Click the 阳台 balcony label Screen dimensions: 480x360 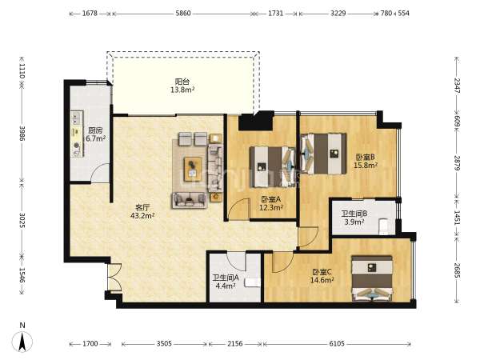coord(182,82)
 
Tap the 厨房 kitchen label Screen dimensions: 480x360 coord(95,130)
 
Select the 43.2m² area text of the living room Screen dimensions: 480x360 coord(142,215)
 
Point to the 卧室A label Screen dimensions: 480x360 coord(271,199)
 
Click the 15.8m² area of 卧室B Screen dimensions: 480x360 coord(366,166)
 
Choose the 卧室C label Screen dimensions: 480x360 coord(322,272)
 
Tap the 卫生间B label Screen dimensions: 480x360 coord(354,214)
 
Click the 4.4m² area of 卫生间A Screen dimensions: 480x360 coord(226,286)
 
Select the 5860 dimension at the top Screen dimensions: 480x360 coord(183,13)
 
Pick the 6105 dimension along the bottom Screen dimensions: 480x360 coord(337,343)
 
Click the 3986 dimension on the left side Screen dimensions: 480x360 coord(22,133)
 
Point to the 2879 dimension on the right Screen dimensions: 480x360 coord(457,163)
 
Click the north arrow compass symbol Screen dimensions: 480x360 coord(22,341)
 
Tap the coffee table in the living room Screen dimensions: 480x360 coord(193,169)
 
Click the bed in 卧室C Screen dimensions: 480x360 coord(372,278)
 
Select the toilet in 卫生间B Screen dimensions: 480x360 coord(383,226)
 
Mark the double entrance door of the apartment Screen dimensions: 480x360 coord(114,278)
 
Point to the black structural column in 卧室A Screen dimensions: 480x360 coord(256,120)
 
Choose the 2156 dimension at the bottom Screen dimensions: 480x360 coord(235,343)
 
